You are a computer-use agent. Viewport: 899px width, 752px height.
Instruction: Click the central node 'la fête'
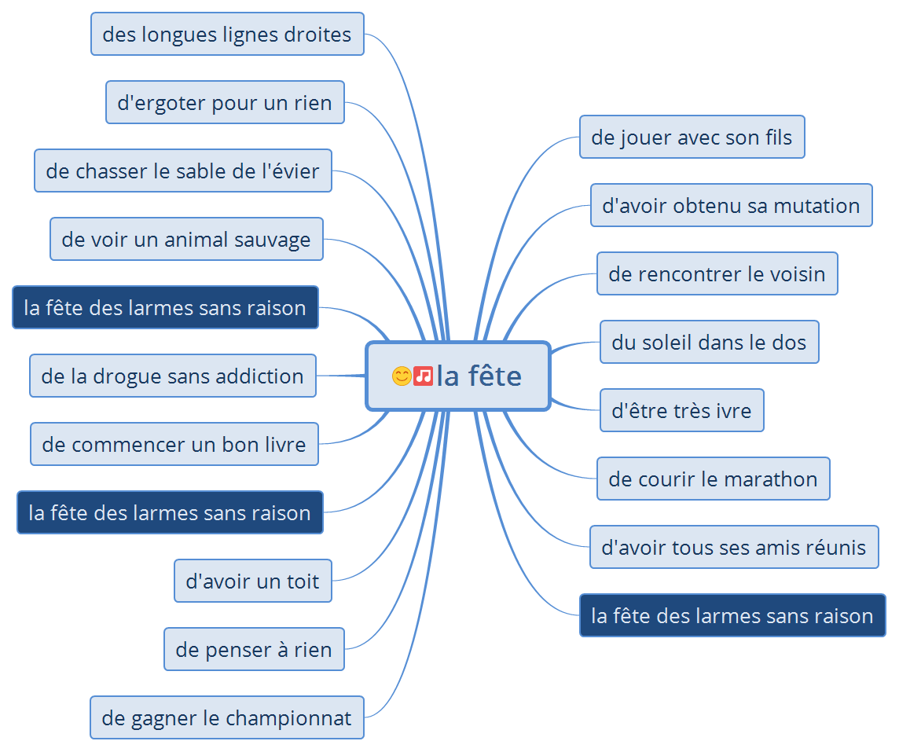478,376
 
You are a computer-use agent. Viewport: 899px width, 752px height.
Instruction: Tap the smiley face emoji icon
401,376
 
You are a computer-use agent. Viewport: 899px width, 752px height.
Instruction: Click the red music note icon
424,376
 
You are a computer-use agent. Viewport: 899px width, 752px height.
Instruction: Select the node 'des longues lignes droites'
227,35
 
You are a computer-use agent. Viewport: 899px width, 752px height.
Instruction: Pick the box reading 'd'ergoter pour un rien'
225,103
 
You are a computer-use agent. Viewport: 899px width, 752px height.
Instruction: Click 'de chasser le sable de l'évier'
182,171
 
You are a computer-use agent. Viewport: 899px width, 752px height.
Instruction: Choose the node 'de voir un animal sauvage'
186,240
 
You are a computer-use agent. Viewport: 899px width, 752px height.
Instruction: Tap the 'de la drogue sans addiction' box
172,376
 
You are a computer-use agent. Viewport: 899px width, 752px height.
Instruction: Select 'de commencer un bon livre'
174,445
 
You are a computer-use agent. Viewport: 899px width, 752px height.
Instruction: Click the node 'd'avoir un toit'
252,581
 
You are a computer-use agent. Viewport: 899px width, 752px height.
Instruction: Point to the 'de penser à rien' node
254,650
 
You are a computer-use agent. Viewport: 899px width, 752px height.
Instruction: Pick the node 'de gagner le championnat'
226,718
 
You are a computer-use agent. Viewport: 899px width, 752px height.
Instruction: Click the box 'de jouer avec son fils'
692,138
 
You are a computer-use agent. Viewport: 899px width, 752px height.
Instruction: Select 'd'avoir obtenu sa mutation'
731,206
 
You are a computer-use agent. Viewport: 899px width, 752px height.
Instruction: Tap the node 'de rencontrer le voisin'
717,274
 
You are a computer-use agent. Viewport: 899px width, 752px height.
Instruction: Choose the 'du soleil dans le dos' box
709,343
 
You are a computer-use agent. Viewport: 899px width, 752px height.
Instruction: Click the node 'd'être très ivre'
681,411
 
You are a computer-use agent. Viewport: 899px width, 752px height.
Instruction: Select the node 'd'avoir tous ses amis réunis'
733,548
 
